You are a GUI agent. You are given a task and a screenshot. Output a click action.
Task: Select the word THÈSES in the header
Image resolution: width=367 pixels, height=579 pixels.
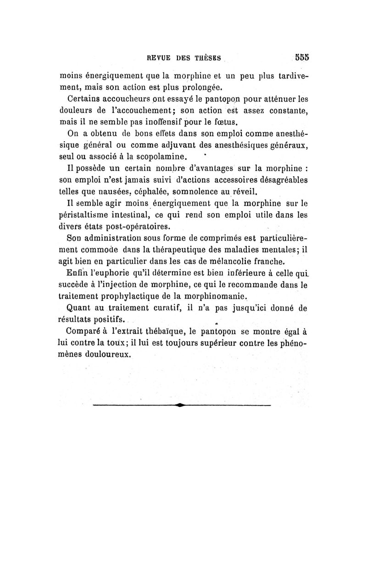205,58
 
